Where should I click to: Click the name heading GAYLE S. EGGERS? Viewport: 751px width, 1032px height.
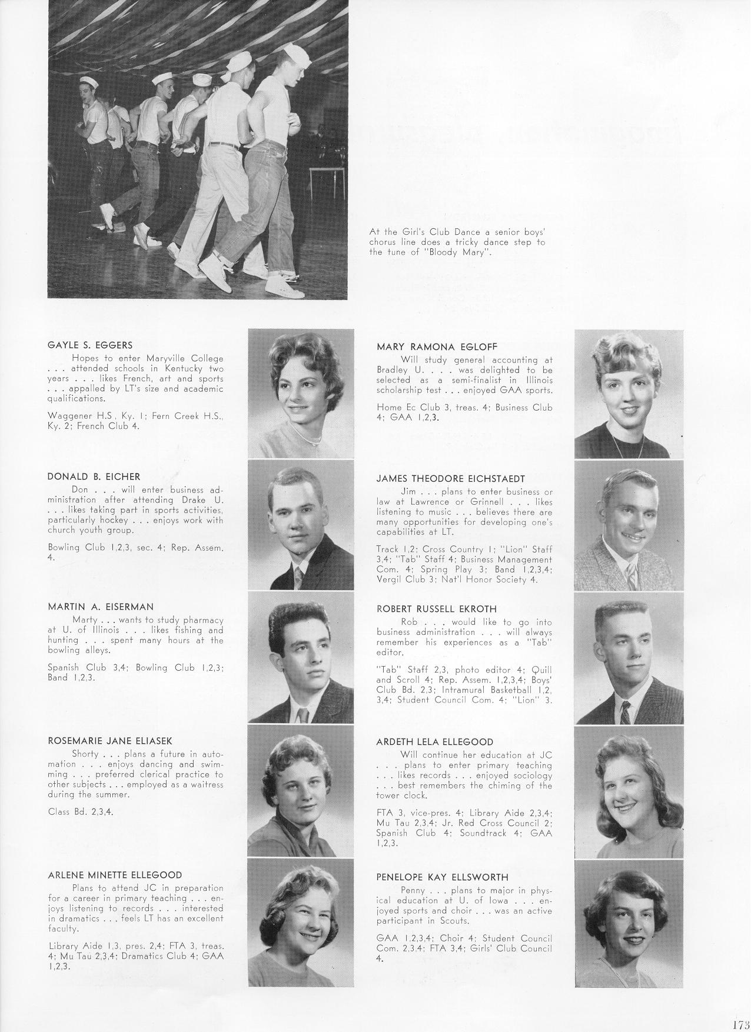click(x=89, y=345)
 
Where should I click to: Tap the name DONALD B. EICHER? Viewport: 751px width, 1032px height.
click(x=94, y=476)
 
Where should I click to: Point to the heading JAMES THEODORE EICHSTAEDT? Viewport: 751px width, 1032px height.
click(x=450, y=478)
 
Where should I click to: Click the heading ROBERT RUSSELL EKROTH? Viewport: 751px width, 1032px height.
click(x=436, y=609)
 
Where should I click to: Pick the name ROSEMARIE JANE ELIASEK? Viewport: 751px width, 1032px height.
click(x=109, y=741)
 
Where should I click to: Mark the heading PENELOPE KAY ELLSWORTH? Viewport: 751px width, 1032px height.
click(x=442, y=877)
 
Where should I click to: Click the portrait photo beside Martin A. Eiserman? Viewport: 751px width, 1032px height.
click(x=301, y=657)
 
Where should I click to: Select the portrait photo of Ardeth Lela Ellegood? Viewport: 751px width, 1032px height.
click(x=629, y=791)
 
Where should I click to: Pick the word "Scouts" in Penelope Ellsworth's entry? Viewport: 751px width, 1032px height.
click(x=455, y=921)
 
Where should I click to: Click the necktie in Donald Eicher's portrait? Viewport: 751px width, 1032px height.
click(x=299, y=578)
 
